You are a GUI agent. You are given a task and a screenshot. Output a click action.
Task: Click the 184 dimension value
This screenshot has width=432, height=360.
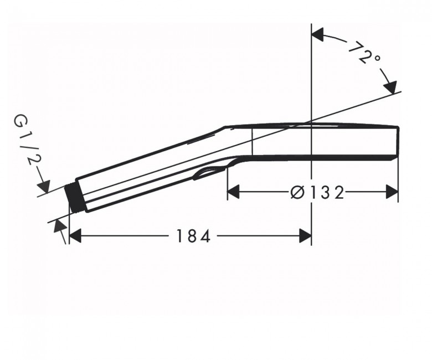pos(193,236)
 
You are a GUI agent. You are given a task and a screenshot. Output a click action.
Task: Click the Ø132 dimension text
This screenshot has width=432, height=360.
pos(317,192)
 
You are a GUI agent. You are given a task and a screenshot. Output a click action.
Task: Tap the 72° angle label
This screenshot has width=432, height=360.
pos(364,53)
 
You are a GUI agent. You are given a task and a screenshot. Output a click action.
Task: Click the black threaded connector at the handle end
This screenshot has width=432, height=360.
pos(74,198)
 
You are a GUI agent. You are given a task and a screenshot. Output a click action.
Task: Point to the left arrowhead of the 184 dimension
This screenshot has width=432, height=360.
pos(75,236)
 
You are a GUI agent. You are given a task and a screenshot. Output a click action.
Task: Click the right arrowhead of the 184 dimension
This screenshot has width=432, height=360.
pos(305,236)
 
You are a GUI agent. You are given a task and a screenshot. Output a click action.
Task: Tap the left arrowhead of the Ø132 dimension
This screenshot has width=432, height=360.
pos(233,192)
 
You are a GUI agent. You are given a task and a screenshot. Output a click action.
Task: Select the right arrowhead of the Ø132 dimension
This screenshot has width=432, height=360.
pos(392,192)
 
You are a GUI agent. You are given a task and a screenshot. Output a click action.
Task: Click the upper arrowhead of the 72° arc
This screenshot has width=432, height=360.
pos(317,34)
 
